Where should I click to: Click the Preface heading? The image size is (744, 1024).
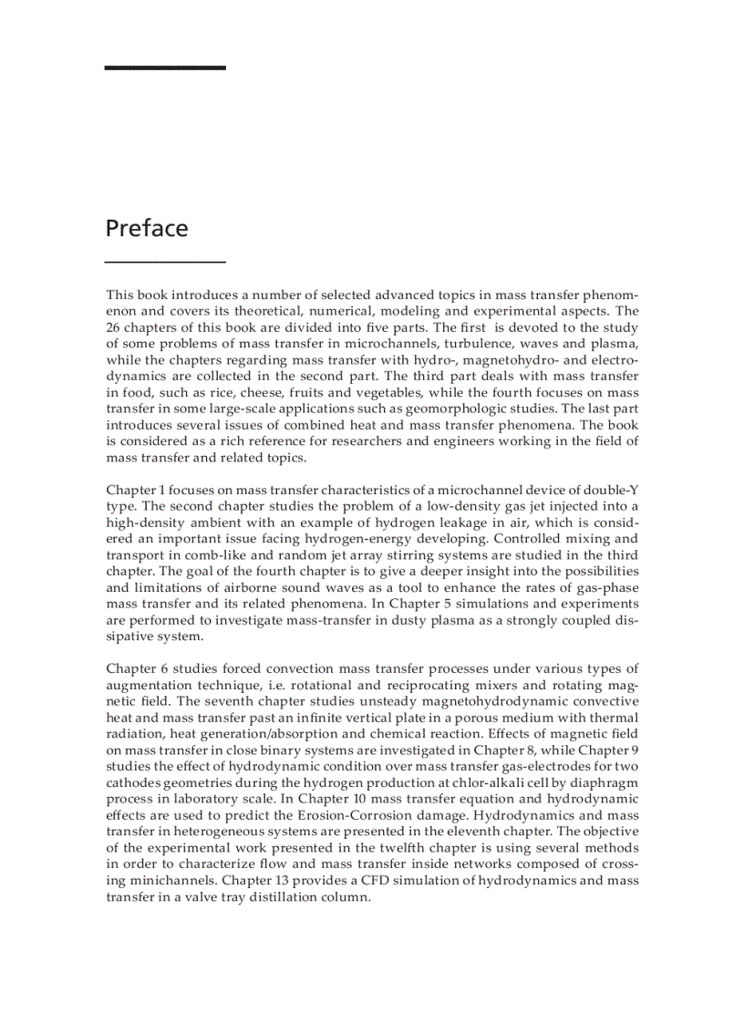tap(147, 228)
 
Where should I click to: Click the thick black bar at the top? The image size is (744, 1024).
tap(165, 67)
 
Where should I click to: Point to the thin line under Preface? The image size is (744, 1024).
tap(165, 262)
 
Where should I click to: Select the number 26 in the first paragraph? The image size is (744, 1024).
tap(115, 327)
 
